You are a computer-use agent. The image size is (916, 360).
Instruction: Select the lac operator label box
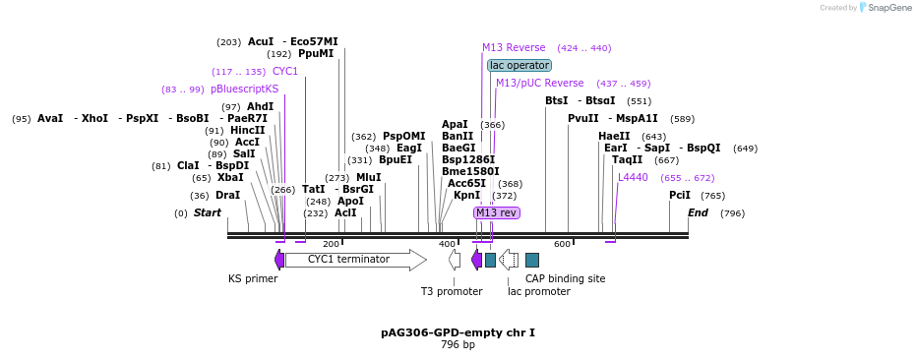pos(519,65)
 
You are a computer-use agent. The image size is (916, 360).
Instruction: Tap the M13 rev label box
pos(496,212)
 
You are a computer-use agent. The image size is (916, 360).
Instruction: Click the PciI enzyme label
pos(680,196)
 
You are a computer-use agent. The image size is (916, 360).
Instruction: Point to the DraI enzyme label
pos(227,196)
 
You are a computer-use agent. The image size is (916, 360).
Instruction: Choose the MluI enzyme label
pos(369,178)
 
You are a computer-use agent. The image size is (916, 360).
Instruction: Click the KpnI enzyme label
pos(467,196)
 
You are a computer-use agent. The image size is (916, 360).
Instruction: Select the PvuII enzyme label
pos(583,119)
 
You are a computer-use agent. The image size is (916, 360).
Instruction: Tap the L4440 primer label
pos(633,178)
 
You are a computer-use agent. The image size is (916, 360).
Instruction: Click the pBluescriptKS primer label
pos(245,90)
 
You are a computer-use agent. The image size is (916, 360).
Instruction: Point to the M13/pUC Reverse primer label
pos(539,84)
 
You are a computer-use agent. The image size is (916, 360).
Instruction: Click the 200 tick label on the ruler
pos(331,244)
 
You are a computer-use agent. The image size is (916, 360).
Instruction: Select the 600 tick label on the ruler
pos(562,244)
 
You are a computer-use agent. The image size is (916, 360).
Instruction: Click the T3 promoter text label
pos(452,291)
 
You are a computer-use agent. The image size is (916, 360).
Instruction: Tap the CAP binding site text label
pos(565,278)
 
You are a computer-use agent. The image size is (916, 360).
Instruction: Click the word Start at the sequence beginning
pos(207,213)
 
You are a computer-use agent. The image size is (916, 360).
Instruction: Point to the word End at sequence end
pos(698,213)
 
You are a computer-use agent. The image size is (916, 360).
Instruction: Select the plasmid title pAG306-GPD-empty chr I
pos(458,332)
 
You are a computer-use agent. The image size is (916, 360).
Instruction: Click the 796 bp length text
pos(458,344)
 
